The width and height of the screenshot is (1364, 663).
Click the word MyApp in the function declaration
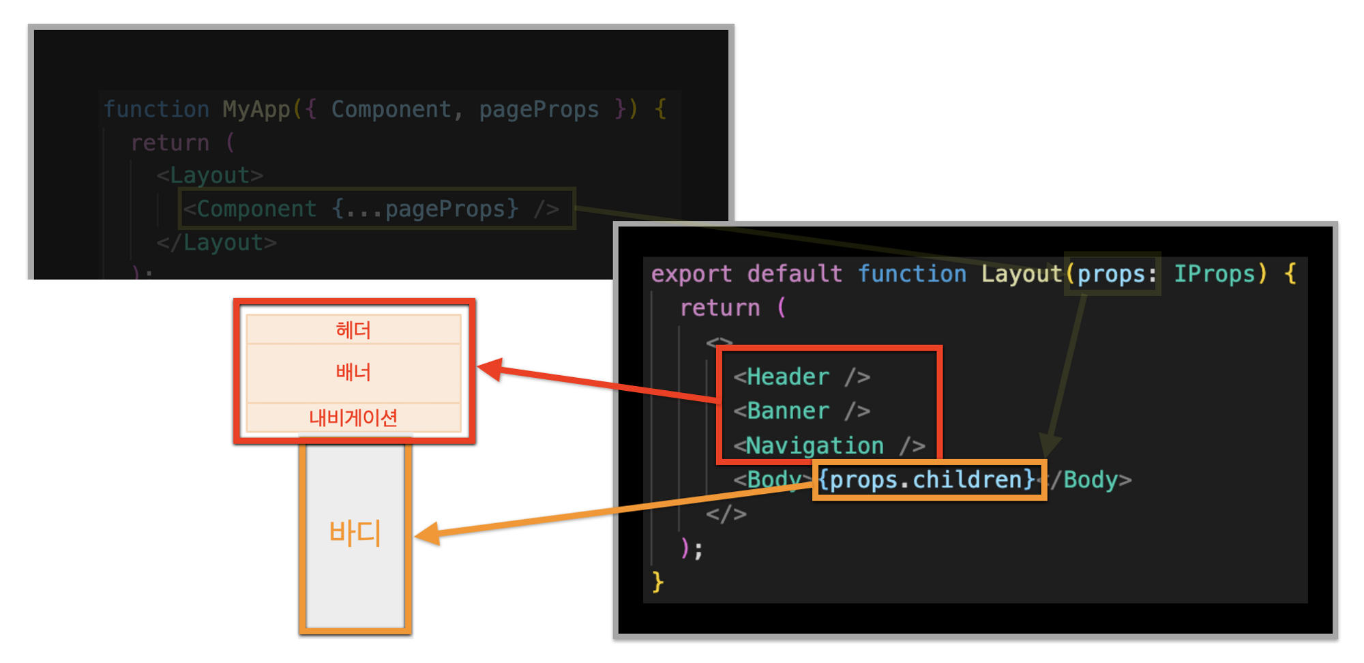pyautogui.click(x=256, y=109)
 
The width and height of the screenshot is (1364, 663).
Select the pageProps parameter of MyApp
pyautogui.click(x=539, y=109)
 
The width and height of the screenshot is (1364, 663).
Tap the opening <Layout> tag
pyautogui.click(x=210, y=175)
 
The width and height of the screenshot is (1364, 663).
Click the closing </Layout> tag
pyautogui.click(x=217, y=242)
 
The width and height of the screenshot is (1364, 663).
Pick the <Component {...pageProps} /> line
pyautogui.click(x=372, y=209)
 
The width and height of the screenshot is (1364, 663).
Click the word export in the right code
pyautogui.click(x=692, y=274)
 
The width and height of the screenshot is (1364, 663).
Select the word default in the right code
pyautogui.click(x=795, y=274)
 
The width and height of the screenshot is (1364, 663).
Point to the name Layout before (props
pyautogui.click(x=1022, y=274)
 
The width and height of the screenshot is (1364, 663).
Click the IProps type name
pyautogui.click(x=1214, y=274)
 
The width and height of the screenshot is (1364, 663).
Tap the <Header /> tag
pyautogui.click(x=802, y=377)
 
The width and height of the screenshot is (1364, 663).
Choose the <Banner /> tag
pyautogui.click(x=802, y=411)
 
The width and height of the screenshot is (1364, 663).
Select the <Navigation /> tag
pyautogui.click(x=829, y=446)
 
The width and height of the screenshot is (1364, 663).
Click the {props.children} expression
pyautogui.click(x=928, y=480)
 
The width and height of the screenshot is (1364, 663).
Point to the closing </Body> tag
pyautogui.click(x=1090, y=480)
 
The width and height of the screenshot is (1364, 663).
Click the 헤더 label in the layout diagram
pyautogui.click(x=353, y=330)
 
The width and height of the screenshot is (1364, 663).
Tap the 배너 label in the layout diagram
pyautogui.click(x=353, y=372)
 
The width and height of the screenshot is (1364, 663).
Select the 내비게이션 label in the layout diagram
pyautogui.click(x=353, y=417)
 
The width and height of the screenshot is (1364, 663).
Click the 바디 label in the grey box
pyautogui.click(x=355, y=533)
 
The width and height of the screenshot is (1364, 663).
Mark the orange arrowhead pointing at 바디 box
pyautogui.click(x=427, y=533)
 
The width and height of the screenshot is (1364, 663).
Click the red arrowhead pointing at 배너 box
pyautogui.click(x=490, y=370)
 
